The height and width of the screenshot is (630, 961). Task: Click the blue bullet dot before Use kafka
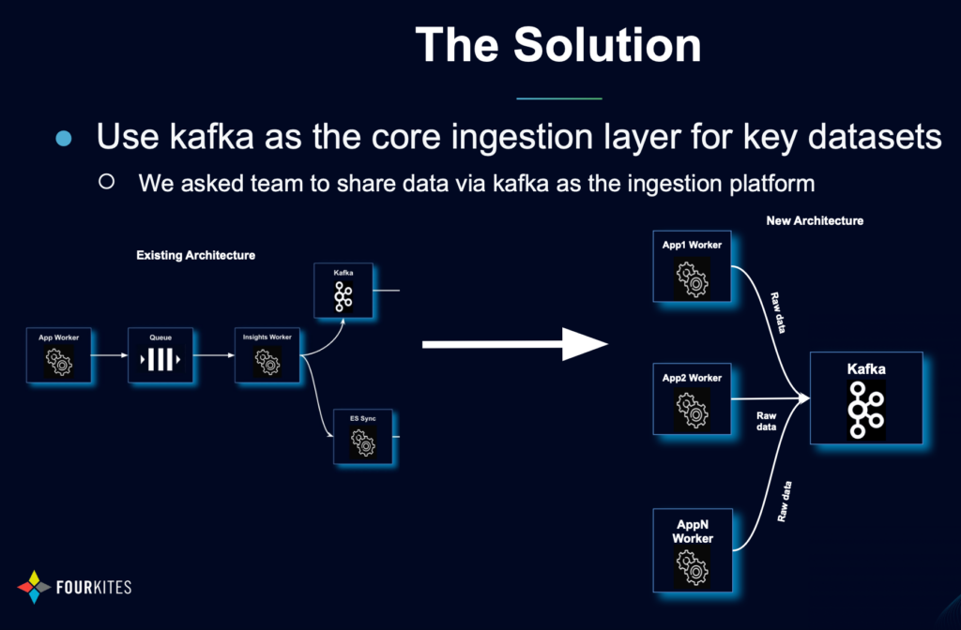point(64,139)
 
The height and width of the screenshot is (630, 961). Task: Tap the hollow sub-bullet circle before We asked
point(107,181)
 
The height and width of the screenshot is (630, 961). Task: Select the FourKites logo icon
point(35,587)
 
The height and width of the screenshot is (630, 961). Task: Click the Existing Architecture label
point(195,255)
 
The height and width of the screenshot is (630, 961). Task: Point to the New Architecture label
point(814,221)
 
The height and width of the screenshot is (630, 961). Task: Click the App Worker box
point(58,354)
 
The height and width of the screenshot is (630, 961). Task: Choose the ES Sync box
point(362,437)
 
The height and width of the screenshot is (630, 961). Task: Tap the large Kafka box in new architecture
point(866,398)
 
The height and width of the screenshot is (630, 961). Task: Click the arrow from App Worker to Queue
point(110,355)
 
